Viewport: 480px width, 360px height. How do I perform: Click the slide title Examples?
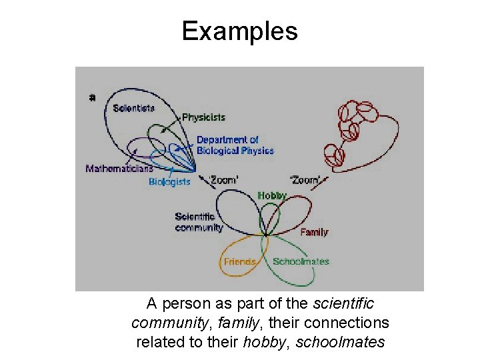pos(239,31)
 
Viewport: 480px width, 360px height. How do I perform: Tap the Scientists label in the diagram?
pos(134,108)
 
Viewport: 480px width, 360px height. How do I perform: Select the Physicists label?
pos(203,117)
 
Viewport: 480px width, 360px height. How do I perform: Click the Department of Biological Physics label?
pos(235,145)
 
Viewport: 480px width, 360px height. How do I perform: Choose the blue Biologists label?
pos(169,181)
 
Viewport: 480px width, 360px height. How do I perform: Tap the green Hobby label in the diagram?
pos(271,195)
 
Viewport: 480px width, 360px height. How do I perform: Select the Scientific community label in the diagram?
pos(199,222)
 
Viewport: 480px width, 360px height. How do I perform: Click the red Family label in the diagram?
pos(314,232)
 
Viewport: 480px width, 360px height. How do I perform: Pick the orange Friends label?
pos(240,262)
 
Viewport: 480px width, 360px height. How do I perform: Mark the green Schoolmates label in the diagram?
pos(301,261)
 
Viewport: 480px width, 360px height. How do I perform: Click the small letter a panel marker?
pos(92,97)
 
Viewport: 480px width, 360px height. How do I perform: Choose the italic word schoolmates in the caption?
pos(340,343)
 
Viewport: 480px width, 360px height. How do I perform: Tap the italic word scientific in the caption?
pos(343,304)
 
